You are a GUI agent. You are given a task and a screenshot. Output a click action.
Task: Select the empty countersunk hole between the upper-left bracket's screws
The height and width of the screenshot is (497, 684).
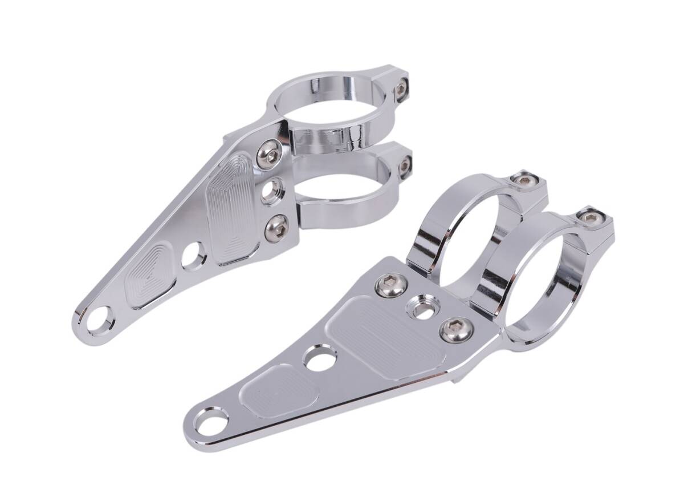(273, 191)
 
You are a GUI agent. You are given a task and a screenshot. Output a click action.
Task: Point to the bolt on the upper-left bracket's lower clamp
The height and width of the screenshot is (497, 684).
(404, 165)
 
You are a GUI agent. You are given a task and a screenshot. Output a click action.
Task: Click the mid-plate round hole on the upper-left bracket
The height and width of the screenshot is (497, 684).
(194, 256)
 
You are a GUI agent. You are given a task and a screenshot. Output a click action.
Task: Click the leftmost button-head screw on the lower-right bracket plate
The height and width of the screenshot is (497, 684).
(392, 285)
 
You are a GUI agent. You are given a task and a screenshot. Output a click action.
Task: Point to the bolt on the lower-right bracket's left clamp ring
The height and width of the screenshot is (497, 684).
(524, 179)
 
